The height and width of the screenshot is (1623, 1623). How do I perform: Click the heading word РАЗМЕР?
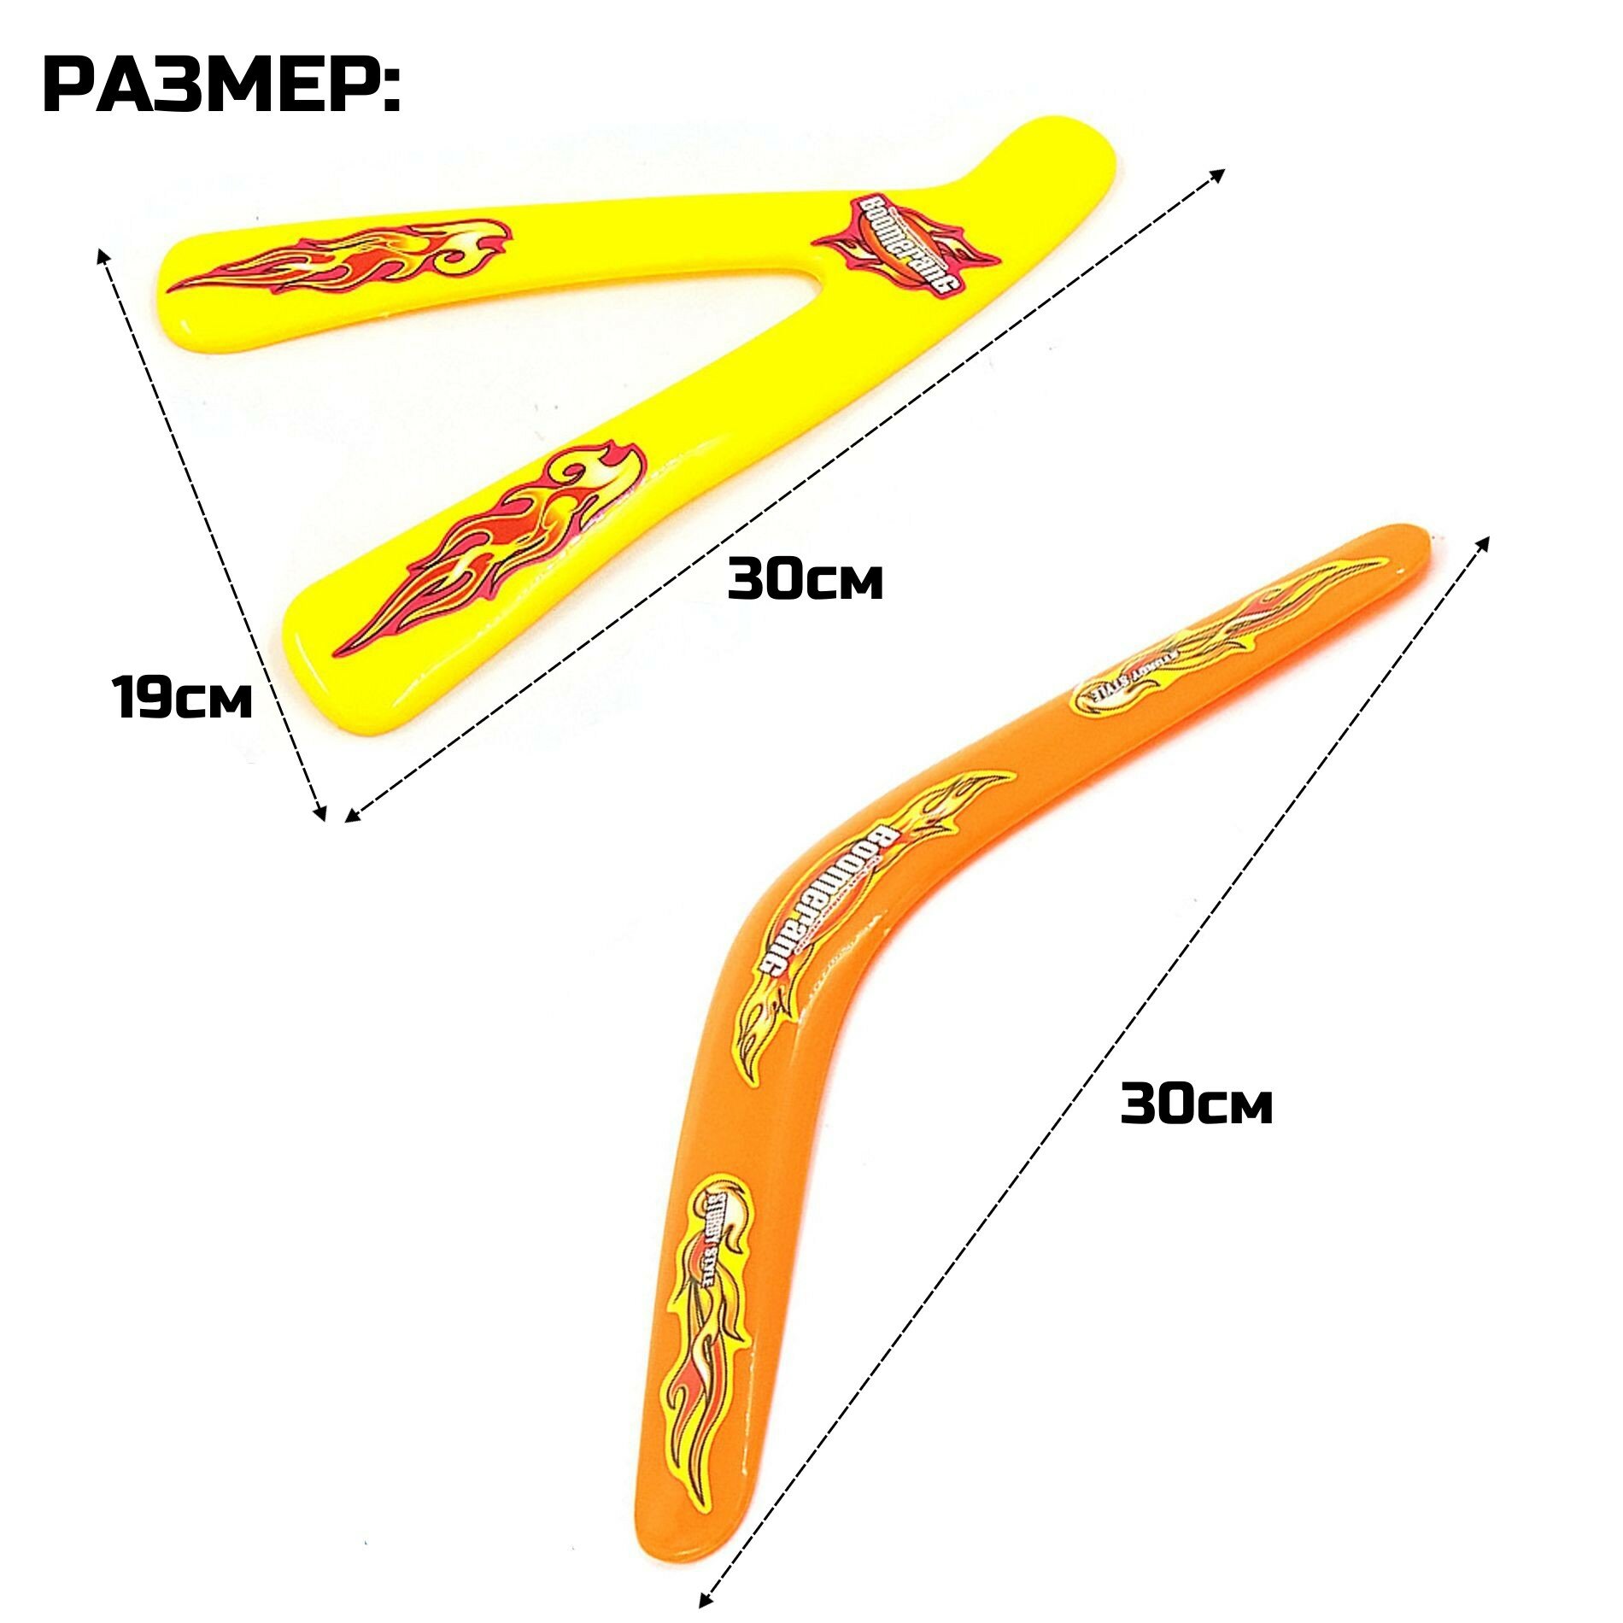[220, 86]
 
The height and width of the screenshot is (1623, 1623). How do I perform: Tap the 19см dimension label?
[182, 696]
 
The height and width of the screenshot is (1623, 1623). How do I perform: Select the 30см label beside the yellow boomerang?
[805, 579]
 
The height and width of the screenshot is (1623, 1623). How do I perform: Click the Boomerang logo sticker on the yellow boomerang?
[905, 244]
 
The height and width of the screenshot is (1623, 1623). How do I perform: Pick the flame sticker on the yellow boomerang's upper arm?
[342, 256]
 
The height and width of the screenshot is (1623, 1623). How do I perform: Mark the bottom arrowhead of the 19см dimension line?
[322, 816]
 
